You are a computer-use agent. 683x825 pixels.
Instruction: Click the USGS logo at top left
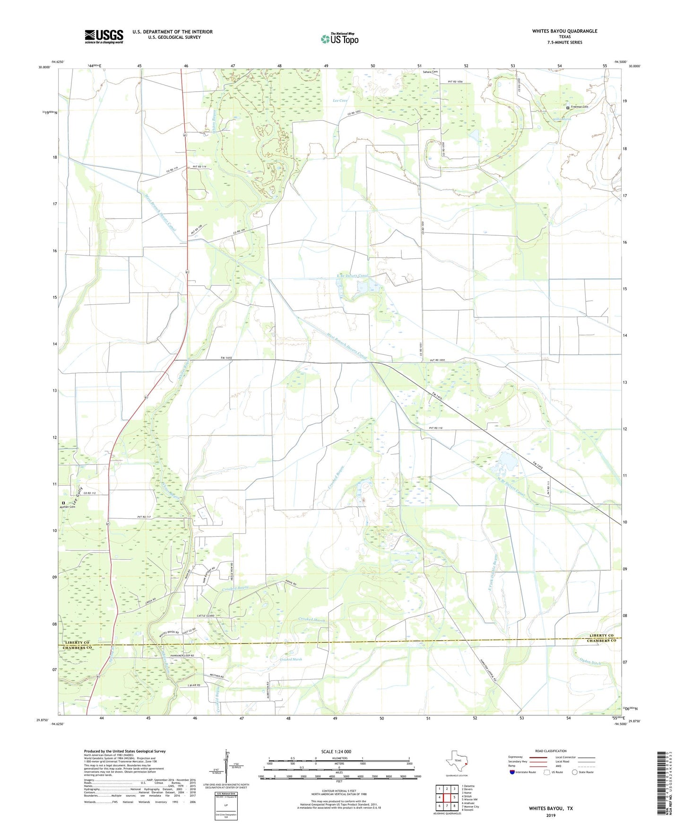tap(104, 36)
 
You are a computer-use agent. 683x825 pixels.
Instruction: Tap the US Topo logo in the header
tap(339, 39)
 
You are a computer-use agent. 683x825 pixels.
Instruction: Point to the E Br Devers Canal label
tap(352, 275)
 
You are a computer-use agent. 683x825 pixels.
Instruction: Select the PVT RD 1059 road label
tap(437, 361)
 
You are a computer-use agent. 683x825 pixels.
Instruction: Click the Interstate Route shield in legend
tap(512, 772)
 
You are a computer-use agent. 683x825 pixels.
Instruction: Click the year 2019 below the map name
tap(551, 816)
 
